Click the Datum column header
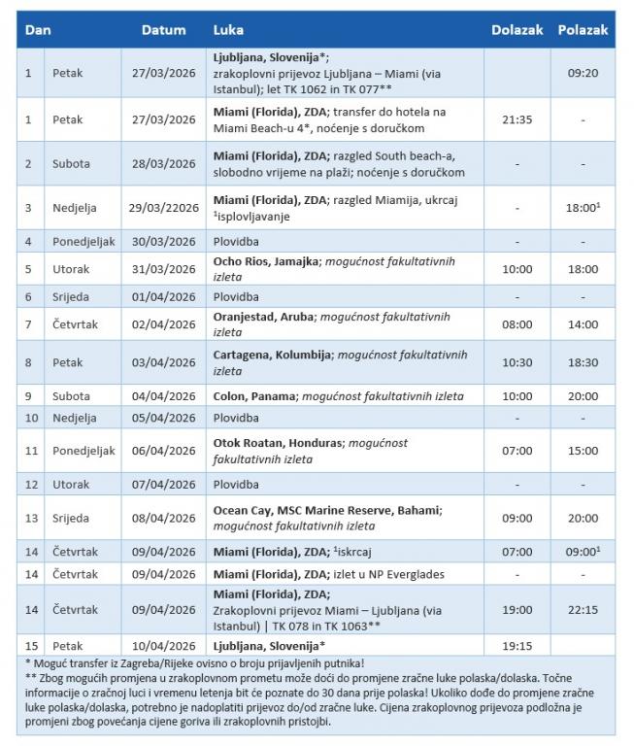coord(163,30)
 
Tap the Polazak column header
coord(583,30)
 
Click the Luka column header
coord(228,30)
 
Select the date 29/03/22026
coord(166,208)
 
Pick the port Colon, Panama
coord(256,396)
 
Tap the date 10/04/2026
coord(163,645)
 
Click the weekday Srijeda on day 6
coord(71,296)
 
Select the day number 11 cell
coord(29,451)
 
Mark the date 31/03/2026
coord(163,269)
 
